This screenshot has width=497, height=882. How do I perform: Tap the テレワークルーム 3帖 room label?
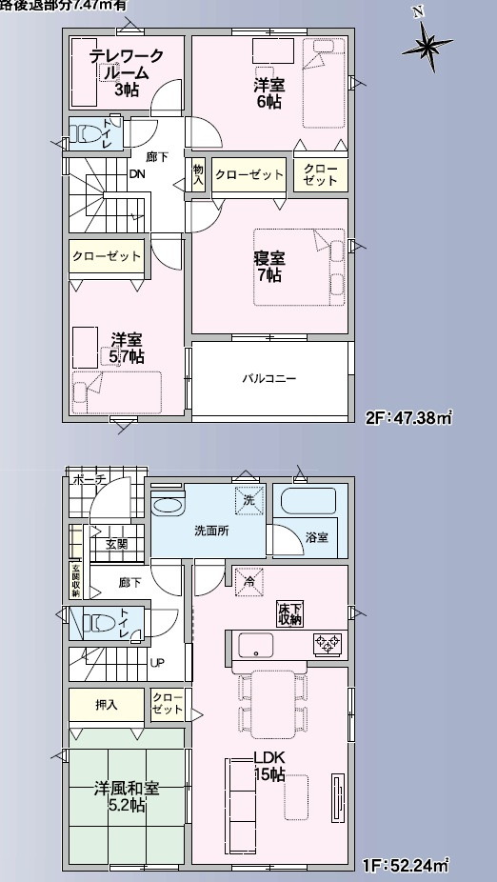coord(126,72)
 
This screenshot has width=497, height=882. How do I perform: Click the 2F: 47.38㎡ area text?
coord(408,416)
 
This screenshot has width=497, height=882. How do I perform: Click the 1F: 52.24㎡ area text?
coord(406,866)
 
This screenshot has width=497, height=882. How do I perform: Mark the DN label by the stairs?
coord(137,173)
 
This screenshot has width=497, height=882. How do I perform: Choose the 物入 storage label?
coord(199,173)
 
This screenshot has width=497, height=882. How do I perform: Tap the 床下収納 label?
coord(290,613)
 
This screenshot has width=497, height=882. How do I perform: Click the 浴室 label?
coord(317,537)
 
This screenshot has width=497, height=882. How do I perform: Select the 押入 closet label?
coord(106,705)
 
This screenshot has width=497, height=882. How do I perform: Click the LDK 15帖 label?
coord(268,766)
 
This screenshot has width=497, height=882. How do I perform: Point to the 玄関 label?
coord(117,544)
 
